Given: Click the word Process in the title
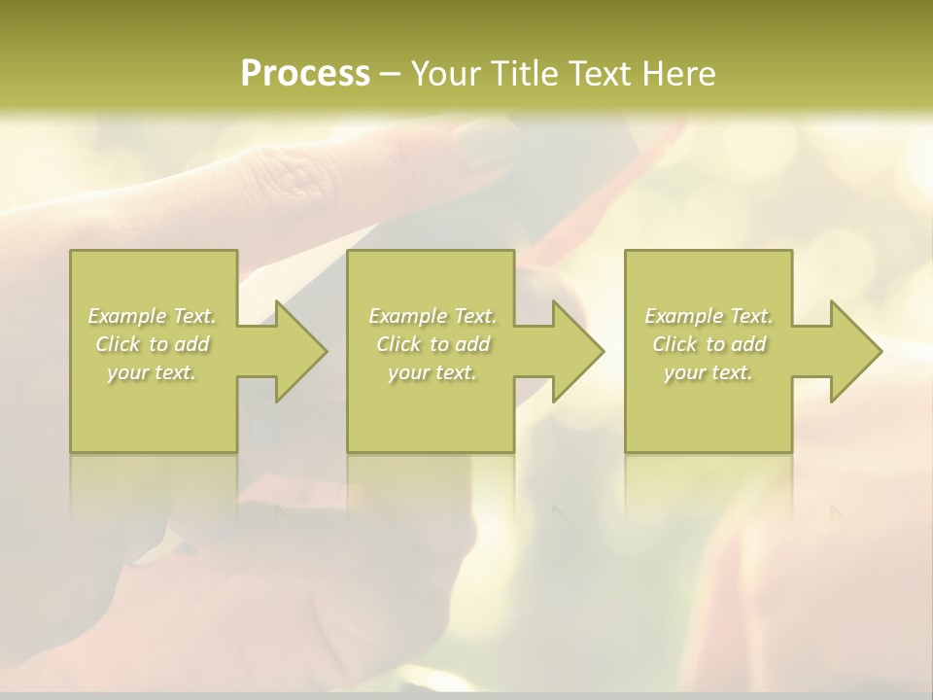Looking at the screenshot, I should (x=305, y=74).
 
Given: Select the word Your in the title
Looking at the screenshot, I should (x=448, y=74).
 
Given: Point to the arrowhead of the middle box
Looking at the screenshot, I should (x=583, y=351).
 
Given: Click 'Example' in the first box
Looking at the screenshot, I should (x=126, y=316).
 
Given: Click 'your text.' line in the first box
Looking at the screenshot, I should (x=152, y=372).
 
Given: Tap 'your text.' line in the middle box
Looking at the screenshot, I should (x=432, y=372).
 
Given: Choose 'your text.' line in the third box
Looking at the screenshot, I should (x=708, y=372).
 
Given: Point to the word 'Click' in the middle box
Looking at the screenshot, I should (x=398, y=344).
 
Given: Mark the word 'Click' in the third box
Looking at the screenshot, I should (x=674, y=344).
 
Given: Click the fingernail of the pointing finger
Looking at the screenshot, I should (x=486, y=144).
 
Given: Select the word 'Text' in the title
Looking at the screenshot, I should (x=600, y=74).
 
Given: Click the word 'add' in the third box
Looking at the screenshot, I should (x=747, y=344).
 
